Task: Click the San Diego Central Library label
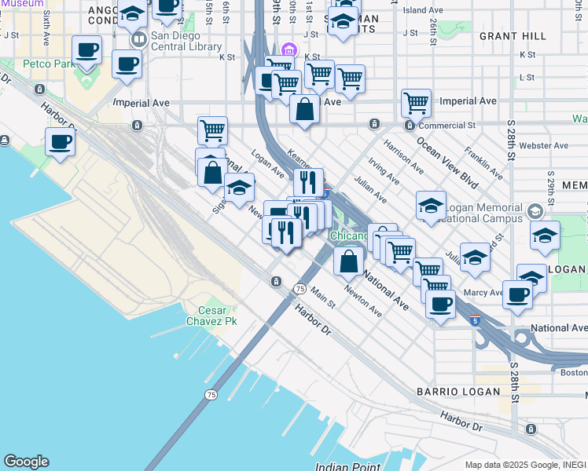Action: point(186,42)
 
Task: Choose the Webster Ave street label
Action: point(544,145)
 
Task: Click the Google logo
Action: point(26,462)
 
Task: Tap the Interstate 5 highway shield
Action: point(475,320)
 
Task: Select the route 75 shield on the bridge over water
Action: point(211,394)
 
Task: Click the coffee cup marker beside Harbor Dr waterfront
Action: point(60,143)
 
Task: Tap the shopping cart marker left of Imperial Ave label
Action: point(415,102)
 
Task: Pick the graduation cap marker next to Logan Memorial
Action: point(431,206)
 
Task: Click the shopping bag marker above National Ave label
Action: point(349,261)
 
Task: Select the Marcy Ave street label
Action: point(484,293)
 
